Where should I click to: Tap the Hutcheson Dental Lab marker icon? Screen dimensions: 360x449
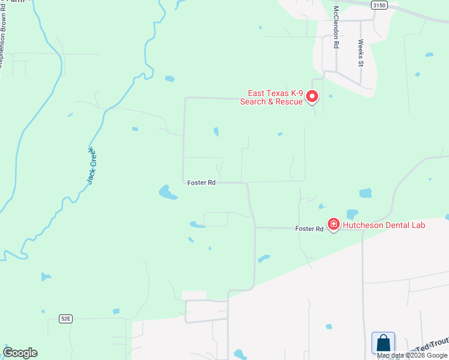tap(333, 225)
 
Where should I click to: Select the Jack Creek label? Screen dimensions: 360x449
tap(91, 166)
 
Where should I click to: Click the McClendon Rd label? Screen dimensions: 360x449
tap(337, 27)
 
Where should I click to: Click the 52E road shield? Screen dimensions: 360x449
tap(65, 319)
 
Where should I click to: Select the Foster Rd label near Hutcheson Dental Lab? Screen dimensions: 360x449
tap(309, 229)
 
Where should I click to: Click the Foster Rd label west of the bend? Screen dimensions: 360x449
tap(201, 182)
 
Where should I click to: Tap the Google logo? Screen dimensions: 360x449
tap(20, 353)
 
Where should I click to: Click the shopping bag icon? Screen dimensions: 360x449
tap(383, 343)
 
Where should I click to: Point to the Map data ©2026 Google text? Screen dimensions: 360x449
tap(412, 355)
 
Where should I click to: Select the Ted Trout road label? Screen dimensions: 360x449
tap(432, 344)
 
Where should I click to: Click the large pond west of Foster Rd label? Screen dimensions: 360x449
tap(167, 193)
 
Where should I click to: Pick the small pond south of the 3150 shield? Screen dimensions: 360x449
tap(429, 55)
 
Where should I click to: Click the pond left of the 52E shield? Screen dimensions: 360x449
tap(46, 277)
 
